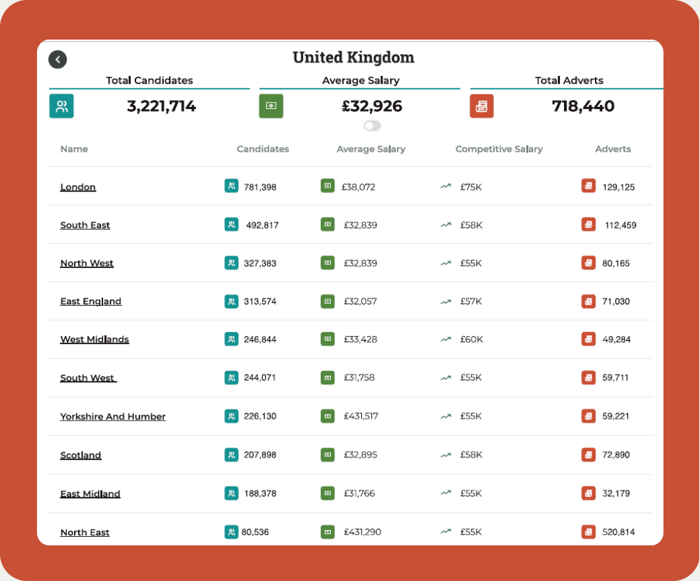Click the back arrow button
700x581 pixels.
(x=57, y=59)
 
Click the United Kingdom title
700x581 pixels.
(x=353, y=57)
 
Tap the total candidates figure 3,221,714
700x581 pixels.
(x=161, y=106)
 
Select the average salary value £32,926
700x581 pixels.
(x=372, y=106)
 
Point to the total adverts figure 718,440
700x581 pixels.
(x=583, y=106)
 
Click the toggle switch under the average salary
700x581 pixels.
(x=372, y=125)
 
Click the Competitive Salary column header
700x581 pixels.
(x=499, y=149)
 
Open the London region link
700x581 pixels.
(x=78, y=187)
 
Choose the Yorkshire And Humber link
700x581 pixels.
(x=113, y=417)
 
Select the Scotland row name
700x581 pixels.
(x=81, y=455)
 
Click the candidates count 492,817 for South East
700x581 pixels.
(x=262, y=225)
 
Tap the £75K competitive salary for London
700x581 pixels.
(x=471, y=187)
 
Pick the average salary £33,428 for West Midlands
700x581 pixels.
(x=360, y=339)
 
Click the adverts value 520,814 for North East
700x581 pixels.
(x=618, y=532)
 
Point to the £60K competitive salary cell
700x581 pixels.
(x=472, y=339)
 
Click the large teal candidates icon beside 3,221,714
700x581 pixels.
(x=61, y=106)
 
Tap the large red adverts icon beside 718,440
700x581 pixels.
(x=481, y=106)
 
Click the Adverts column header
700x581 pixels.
(x=613, y=149)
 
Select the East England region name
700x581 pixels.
(x=90, y=302)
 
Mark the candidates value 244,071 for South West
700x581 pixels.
(x=260, y=378)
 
